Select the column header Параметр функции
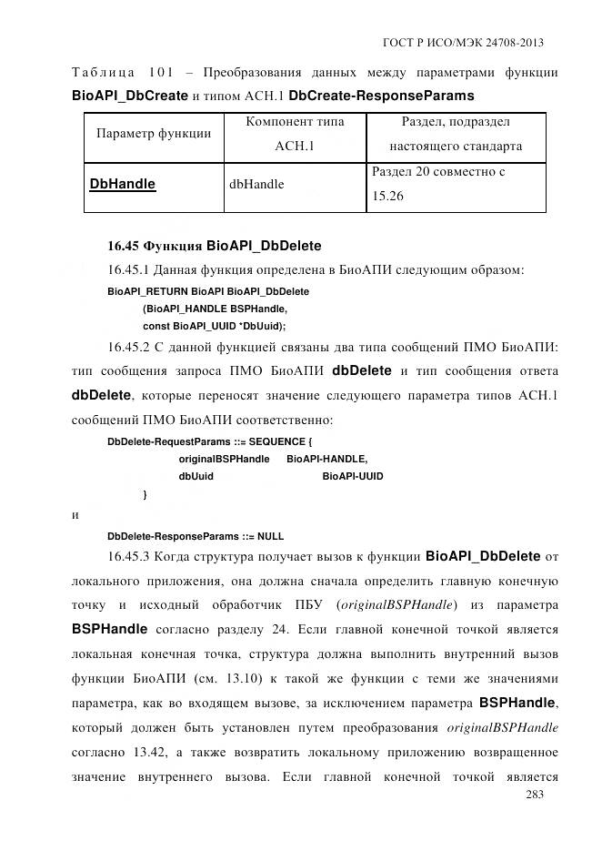(x=154, y=133)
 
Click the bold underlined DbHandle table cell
(x=123, y=184)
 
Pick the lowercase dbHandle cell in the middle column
(x=256, y=184)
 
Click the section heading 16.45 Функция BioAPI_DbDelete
(x=215, y=245)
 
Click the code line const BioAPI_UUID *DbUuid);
(x=215, y=325)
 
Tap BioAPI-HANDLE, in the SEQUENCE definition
(x=327, y=460)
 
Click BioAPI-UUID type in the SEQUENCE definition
(x=353, y=477)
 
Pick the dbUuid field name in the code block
(x=196, y=477)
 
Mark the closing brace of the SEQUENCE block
(x=145, y=495)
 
